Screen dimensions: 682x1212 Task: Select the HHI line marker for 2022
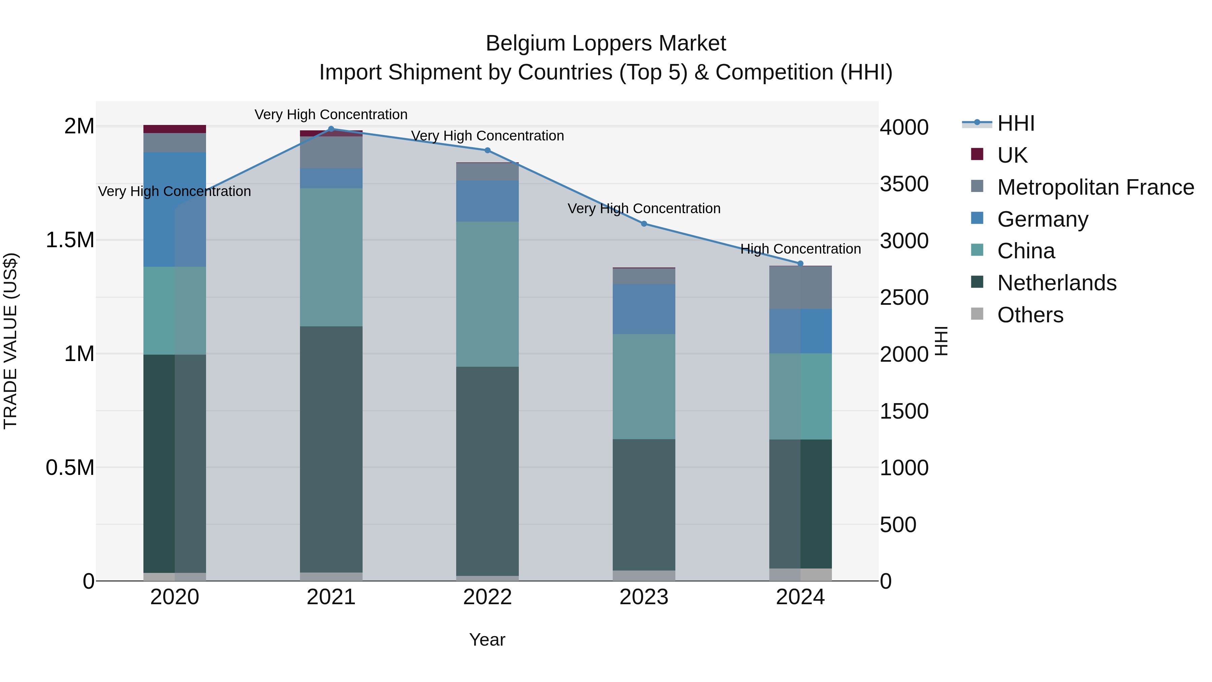(487, 151)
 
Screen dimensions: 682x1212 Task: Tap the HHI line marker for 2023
(644, 224)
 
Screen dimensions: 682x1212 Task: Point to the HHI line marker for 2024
(800, 264)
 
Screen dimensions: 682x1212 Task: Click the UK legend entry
(1012, 155)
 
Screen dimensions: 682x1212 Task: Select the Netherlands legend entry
(1056, 283)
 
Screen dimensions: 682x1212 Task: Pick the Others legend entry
(1030, 315)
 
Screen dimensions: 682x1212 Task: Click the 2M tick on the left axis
(79, 126)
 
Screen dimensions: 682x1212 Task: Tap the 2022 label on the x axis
(487, 597)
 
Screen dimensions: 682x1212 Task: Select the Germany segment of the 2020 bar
(174, 209)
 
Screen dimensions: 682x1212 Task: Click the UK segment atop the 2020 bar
(174, 129)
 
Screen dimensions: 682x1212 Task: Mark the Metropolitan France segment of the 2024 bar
(800, 288)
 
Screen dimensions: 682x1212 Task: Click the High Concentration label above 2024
(800, 249)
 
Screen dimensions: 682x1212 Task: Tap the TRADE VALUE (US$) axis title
(10, 341)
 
